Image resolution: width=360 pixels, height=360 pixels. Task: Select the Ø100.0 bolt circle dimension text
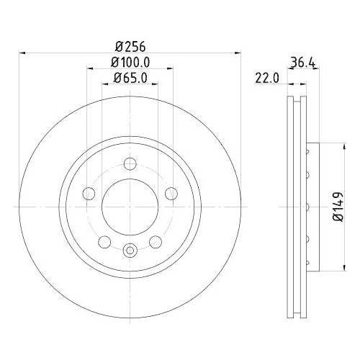click(130, 63)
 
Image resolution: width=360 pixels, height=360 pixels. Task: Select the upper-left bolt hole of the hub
click(89, 194)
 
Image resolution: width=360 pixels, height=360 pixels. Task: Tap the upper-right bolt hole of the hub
click(171, 193)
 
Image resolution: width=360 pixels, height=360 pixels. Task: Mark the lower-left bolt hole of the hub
click(105, 242)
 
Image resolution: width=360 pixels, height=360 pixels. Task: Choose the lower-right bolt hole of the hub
click(156, 242)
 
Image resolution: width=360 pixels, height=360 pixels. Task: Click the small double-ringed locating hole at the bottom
click(130, 250)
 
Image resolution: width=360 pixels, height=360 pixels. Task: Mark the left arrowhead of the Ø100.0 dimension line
click(89, 69)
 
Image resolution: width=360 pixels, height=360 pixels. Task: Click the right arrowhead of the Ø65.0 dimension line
click(157, 84)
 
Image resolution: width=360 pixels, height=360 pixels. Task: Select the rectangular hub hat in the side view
click(312, 207)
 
